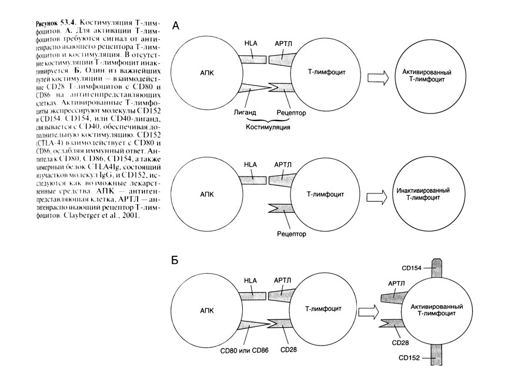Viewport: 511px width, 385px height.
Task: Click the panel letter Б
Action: tap(175, 259)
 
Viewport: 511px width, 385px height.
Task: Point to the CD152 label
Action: tap(410, 357)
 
